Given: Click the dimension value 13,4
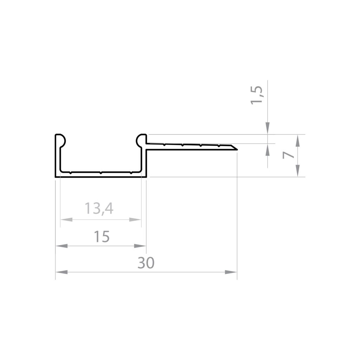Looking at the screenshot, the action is pyautogui.click(x=99, y=208).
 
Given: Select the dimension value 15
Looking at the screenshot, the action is pyautogui.click(x=102, y=237).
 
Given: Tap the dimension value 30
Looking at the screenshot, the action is pyautogui.click(x=146, y=263).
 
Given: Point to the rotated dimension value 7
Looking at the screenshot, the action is pyautogui.click(x=288, y=155).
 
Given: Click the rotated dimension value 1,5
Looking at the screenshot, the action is pyautogui.click(x=256, y=95).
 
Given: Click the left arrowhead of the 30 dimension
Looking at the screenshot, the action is pyautogui.click(x=62, y=272).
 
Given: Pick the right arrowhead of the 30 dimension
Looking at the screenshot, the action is pyautogui.click(x=231, y=272).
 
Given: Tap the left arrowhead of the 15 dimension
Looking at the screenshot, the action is pyautogui.click(x=62, y=246).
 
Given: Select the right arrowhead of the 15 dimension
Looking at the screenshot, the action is pyautogui.click(x=140, y=246).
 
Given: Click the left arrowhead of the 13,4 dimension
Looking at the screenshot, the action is pyautogui.click(x=66, y=220).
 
